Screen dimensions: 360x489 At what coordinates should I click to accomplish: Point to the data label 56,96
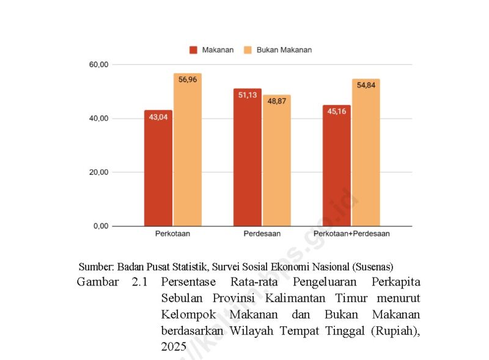point(187,79)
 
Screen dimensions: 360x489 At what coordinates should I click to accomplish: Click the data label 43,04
point(158,117)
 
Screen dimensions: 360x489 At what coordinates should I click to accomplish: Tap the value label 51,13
point(247,95)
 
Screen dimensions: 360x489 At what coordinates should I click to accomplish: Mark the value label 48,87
point(276,101)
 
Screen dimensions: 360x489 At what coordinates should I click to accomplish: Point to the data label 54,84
point(366,85)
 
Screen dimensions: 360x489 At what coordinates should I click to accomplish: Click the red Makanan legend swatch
point(193,50)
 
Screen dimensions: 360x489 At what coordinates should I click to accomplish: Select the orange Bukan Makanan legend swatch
point(248,50)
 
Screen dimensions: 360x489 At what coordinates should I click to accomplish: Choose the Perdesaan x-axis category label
point(262,234)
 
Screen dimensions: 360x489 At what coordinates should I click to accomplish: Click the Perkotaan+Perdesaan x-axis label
point(351,234)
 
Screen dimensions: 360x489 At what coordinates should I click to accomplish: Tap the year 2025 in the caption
point(174,346)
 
